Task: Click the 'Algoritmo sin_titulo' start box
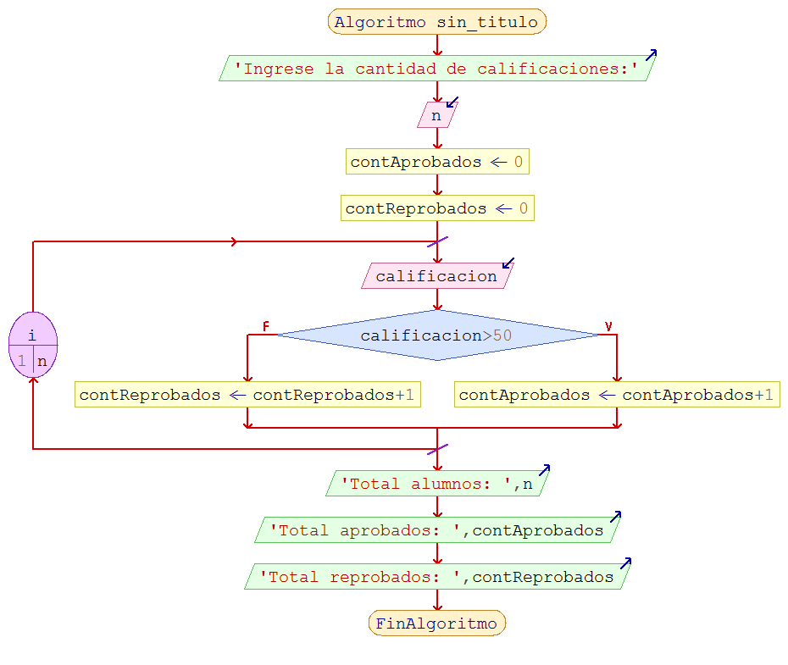[x=436, y=22]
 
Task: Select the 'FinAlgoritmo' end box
[x=436, y=623]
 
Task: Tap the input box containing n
[x=436, y=115]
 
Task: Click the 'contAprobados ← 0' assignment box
[x=436, y=162]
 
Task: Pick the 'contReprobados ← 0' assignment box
[x=436, y=208]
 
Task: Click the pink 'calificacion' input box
[x=436, y=276]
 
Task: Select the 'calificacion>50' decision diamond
[x=436, y=335]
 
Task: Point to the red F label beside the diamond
[x=266, y=326]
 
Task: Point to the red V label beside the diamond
[x=608, y=326]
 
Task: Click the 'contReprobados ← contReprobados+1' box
[x=247, y=395]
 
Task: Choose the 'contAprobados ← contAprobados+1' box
[x=616, y=395]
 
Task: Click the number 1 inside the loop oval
[x=21, y=361]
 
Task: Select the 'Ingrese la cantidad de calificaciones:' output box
[x=436, y=69]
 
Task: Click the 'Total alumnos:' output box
[x=436, y=484]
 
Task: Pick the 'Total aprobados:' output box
[x=436, y=530]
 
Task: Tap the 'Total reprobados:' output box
[x=436, y=577]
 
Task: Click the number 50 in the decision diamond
[x=502, y=335]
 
